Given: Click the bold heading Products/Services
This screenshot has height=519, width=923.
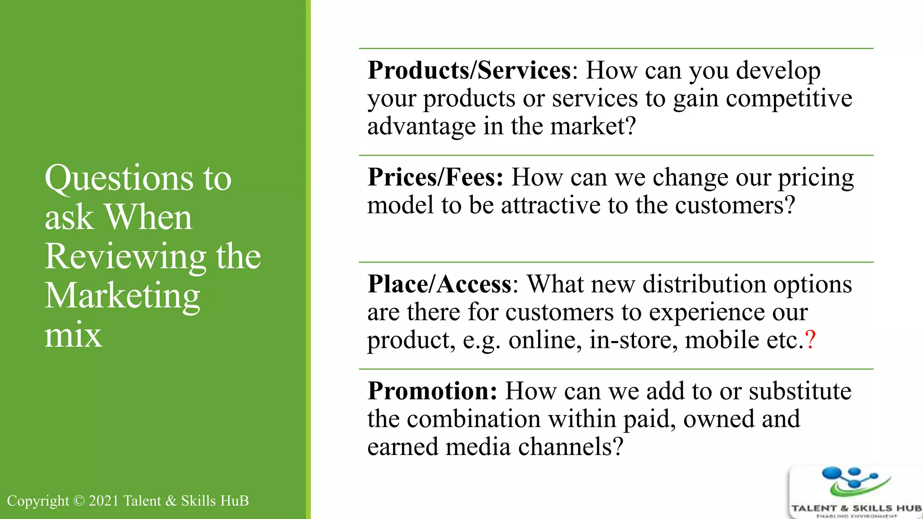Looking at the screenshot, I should click(469, 71).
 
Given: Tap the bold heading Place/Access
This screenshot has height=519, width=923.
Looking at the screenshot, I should click(439, 284).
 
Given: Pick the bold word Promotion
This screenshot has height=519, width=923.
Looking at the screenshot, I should click(431, 391).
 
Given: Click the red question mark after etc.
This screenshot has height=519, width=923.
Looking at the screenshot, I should click(810, 340).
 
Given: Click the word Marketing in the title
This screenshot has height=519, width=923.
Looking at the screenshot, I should click(122, 296).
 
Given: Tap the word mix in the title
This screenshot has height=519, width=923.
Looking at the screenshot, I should click(73, 336).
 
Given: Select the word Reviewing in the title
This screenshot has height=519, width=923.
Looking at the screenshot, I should click(125, 257).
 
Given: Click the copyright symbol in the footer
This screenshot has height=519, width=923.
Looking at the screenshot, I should click(78, 501).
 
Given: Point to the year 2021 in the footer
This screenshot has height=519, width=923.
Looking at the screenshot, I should click(104, 501).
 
